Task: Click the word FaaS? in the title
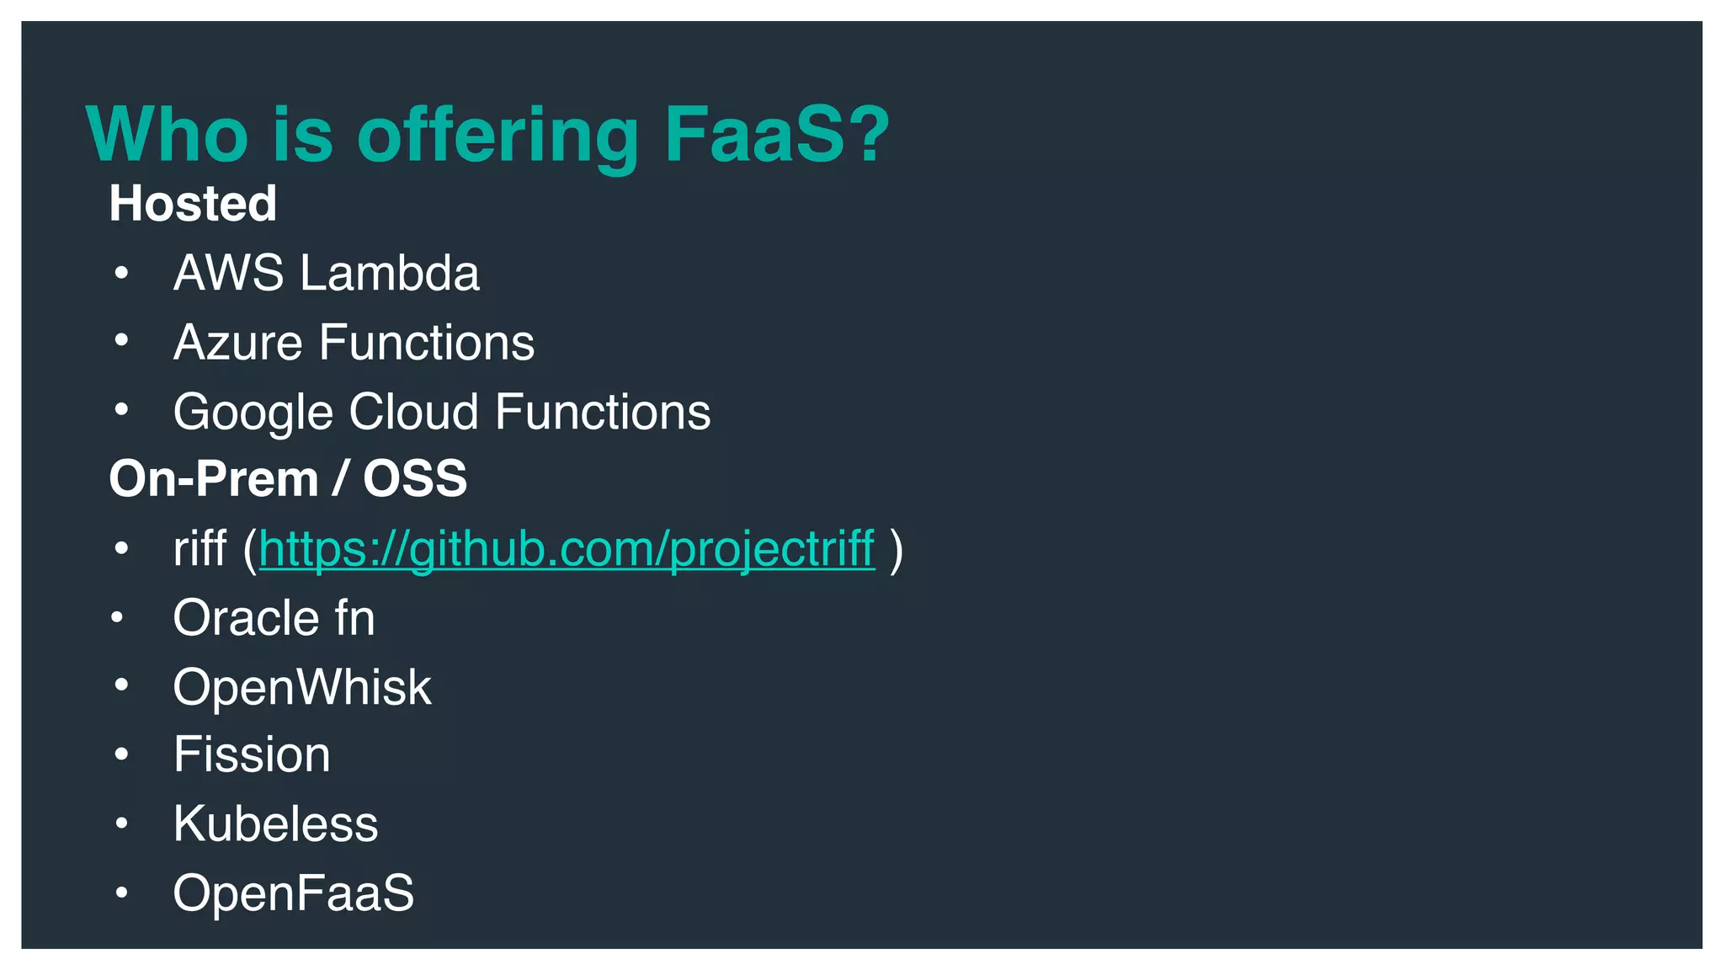pyautogui.click(x=776, y=135)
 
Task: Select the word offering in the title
pyautogui.click(x=498, y=136)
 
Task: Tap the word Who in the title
pyautogui.click(x=167, y=135)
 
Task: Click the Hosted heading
pyautogui.click(x=193, y=204)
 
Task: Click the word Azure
pyautogui.click(x=237, y=343)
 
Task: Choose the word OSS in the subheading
pyautogui.click(x=414, y=479)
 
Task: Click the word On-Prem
pyautogui.click(x=214, y=479)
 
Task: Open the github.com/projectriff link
pyautogui.click(x=567, y=549)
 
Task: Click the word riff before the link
pyautogui.click(x=200, y=549)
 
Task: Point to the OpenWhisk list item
pyautogui.click(x=301, y=687)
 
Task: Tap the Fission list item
pyautogui.click(x=252, y=754)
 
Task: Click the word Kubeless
pyautogui.click(x=275, y=823)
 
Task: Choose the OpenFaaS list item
pyautogui.click(x=293, y=893)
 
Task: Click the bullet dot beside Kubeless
pyautogui.click(x=121, y=823)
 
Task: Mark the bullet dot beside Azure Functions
pyautogui.click(x=121, y=340)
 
